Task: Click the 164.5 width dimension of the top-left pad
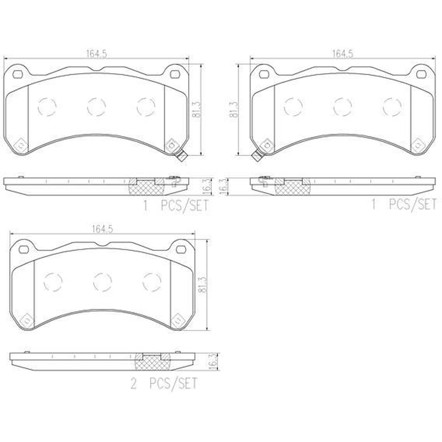[97, 54]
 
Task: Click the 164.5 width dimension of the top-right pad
[343, 54]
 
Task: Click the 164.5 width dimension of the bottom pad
[102, 229]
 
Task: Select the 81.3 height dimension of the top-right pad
[234, 110]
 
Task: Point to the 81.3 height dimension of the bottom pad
[203, 285]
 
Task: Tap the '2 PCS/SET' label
[164, 384]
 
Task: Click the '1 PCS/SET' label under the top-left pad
[176, 205]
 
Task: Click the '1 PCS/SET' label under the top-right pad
[404, 204]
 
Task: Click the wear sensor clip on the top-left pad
[181, 156]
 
